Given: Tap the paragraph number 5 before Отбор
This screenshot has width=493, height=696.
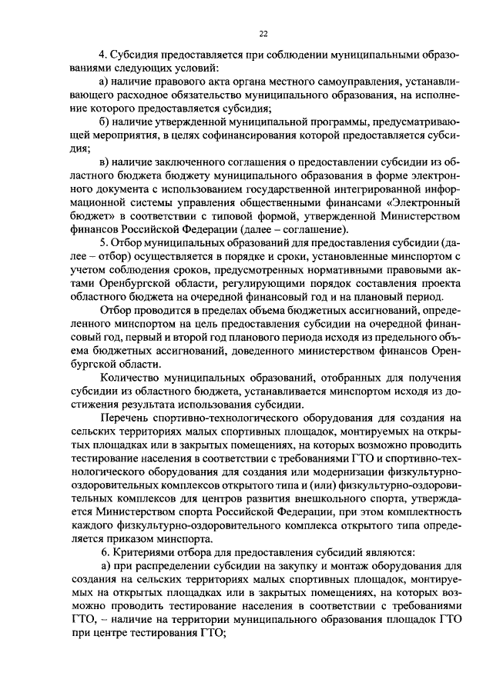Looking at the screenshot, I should coord(102,244).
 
